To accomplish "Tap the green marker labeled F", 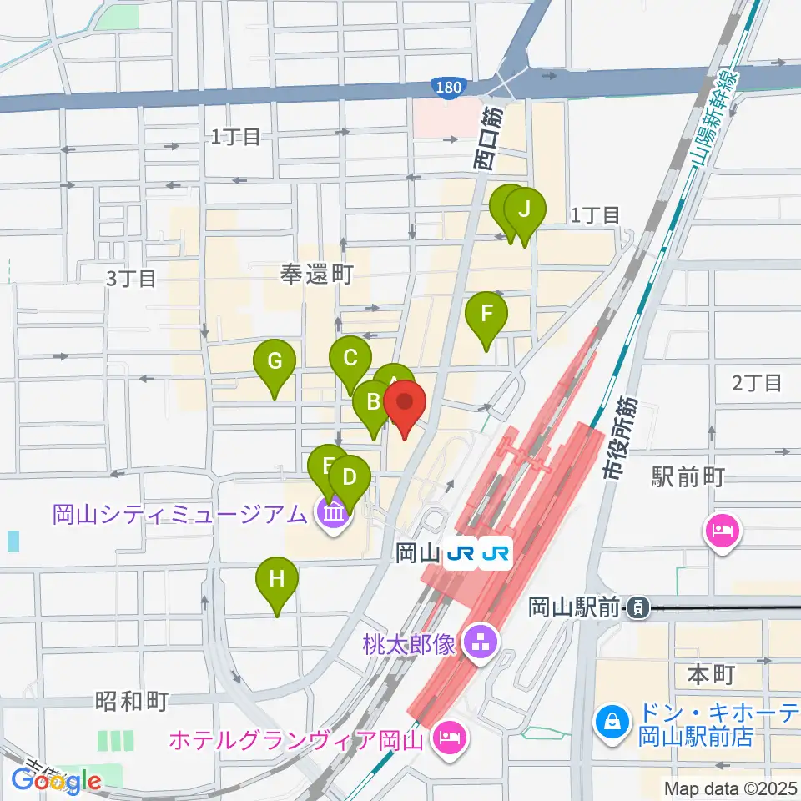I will [x=486, y=315].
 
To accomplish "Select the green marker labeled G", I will [x=275, y=363].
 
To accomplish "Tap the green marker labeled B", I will [x=372, y=404].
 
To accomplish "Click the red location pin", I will [x=406, y=405].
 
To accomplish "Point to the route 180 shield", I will [x=446, y=87].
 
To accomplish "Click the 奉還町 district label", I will [x=317, y=275].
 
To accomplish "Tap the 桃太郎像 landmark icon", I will [x=479, y=642].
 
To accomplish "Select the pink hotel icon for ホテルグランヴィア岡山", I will [x=449, y=737].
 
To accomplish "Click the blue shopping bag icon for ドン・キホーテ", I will [x=612, y=719].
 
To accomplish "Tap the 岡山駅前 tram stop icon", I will [x=638, y=608].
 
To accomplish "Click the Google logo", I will [x=57, y=781].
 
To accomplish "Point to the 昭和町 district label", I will [x=132, y=701].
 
